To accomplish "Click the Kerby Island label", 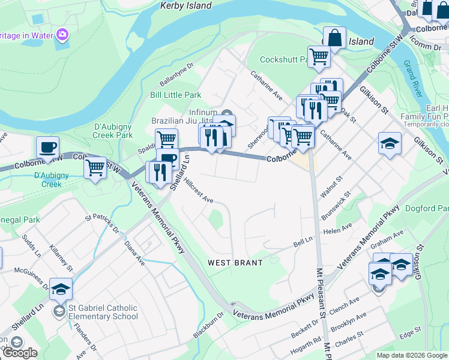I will [186, 5].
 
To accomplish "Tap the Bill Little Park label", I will [175, 95].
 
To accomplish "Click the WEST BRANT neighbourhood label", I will [235, 263].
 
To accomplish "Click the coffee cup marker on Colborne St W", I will [47, 148].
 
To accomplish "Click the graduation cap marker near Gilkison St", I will [390, 143].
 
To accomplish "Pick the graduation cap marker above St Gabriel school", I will [61, 289].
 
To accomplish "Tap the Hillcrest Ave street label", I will [199, 190].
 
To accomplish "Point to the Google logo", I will [20, 353].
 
